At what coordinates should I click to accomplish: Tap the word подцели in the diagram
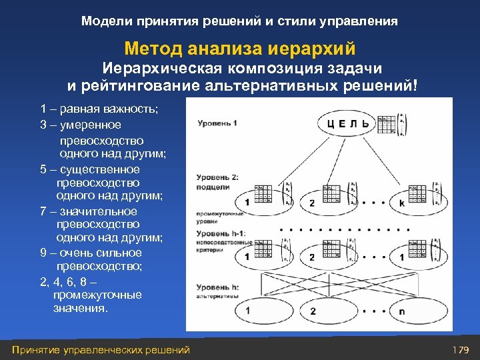213,187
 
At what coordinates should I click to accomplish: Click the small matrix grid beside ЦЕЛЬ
386,123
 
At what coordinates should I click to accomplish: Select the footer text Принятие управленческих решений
101,350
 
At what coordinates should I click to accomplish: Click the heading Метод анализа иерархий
239,49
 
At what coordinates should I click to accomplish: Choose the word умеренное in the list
88,125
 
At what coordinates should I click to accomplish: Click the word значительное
102,211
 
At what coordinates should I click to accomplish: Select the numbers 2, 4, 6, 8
66,281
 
